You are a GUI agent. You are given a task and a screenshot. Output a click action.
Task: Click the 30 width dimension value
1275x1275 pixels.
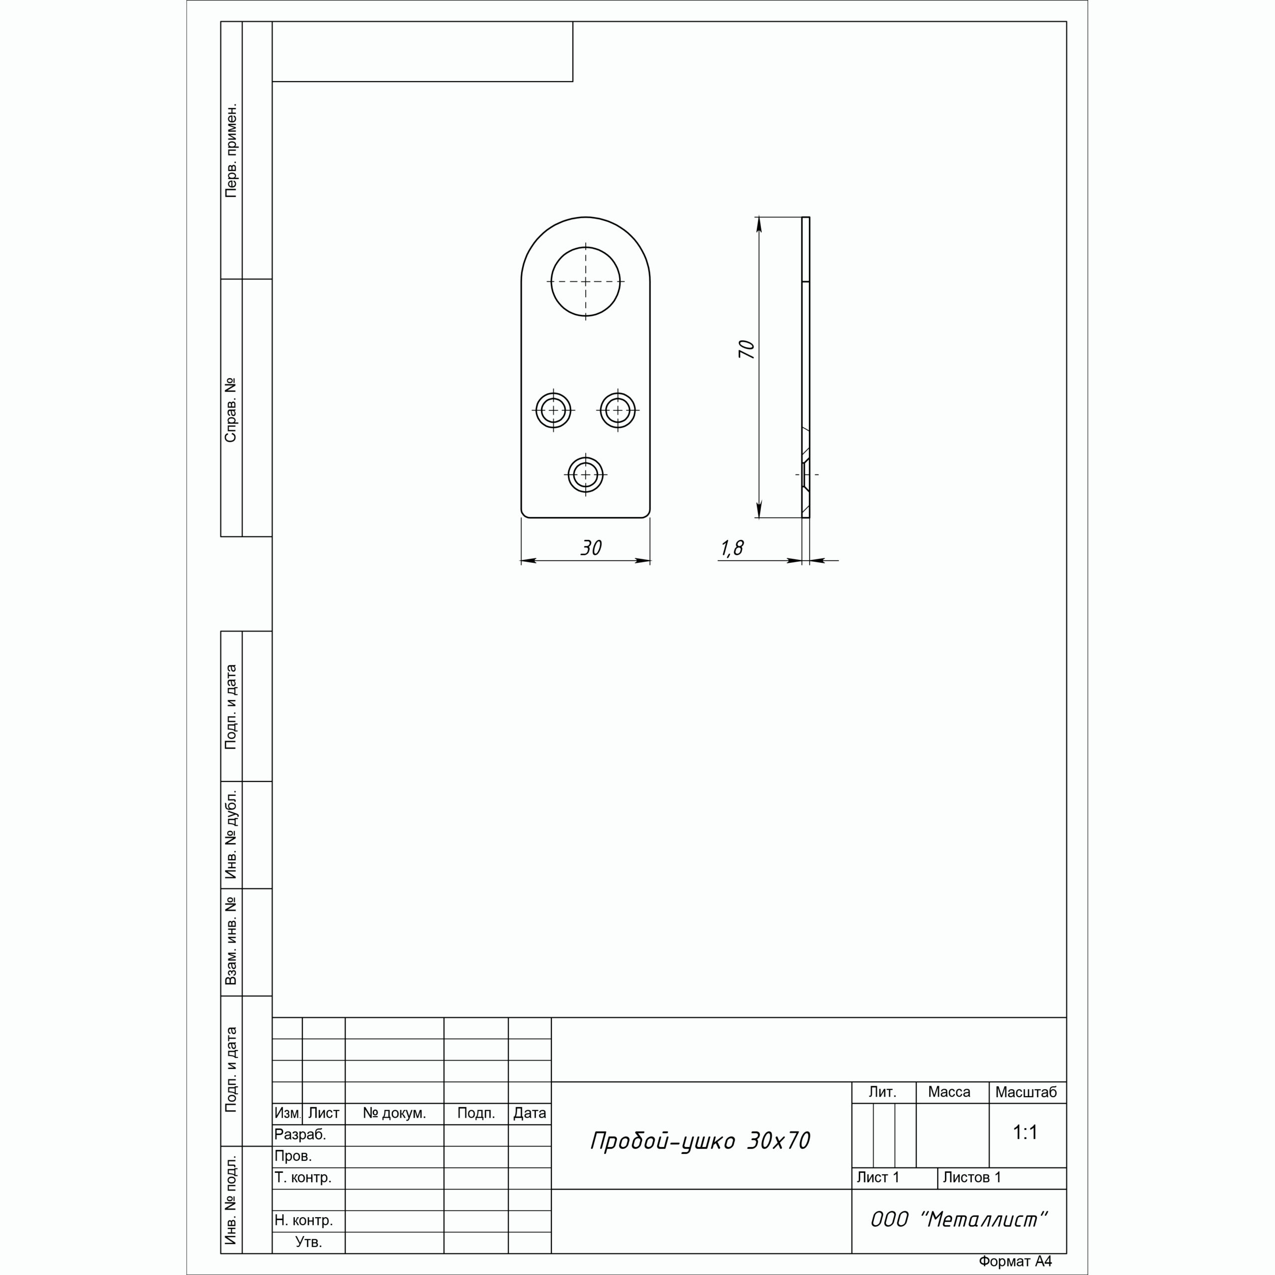click(x=591, y=548)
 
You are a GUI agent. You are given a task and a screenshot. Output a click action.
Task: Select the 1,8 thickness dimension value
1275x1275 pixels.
click(x=732, y=548)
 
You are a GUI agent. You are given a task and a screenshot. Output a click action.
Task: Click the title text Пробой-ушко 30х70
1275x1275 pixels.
click(x=700, y=1141)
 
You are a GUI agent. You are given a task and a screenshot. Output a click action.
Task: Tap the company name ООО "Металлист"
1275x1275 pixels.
click(x=959, y=1220)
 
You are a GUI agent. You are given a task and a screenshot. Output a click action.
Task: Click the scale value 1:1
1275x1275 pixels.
click(x=1025, y=1133)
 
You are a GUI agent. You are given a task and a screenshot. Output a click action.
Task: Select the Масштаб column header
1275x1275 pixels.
click(x=1026, y=1092)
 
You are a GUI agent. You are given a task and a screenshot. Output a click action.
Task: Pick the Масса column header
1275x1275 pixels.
click(x=949, y=1092)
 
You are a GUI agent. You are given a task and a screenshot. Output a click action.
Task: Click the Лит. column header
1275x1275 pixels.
click(x=883, y=1092)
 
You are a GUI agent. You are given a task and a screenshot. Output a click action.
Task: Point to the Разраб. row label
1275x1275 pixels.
click(x=300, y=1135)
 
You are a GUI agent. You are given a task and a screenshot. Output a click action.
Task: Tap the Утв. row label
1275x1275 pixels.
click(x=309, y=1242)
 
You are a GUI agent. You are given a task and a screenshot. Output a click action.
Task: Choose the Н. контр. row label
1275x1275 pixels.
click(x=304, y=1220)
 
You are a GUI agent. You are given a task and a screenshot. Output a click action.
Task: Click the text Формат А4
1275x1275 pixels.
click(x=1015, y=1261)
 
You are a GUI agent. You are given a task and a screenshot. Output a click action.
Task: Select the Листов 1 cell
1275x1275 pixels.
click(x=972, y=1177)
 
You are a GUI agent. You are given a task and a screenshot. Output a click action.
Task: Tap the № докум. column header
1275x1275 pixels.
click(x=394, y=1113)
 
